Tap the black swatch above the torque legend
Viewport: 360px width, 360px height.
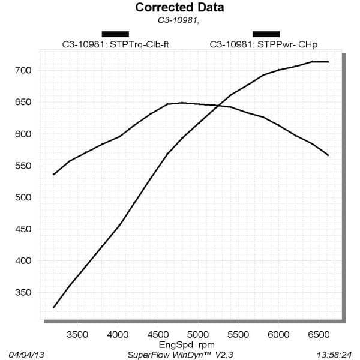(x=115, y=34)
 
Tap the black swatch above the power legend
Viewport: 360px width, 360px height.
(x=266, y=34)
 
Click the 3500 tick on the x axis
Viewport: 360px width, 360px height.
(x=77, y=335)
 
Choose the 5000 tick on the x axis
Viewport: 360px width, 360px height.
(x=198, y=335)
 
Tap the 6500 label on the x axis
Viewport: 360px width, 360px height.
(x=319, y=335)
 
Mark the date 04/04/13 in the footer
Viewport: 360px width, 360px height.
(x=27, y=355)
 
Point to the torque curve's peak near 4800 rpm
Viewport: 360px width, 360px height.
(x=182, y=103)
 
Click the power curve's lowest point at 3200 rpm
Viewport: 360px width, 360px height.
(x=53, y=307)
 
